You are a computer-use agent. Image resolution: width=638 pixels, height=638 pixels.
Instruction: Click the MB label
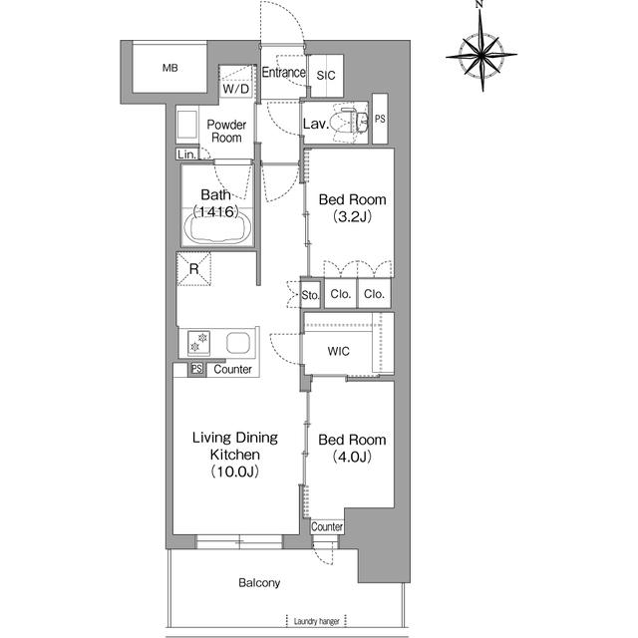click(x=170, y=68)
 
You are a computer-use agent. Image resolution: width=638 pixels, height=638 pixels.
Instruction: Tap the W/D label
click(x=236, y=89)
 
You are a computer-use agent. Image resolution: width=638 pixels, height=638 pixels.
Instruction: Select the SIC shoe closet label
click(x=326, y=76)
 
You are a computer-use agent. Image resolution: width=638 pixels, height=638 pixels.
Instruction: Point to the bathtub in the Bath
click(x=217, y=228)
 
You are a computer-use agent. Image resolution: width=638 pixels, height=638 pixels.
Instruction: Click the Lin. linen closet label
click(x=186, y=155)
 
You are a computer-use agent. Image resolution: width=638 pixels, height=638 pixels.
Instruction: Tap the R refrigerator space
click(x=194, y=269)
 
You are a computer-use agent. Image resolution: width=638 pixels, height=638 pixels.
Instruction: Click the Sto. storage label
click(x=310, y=295)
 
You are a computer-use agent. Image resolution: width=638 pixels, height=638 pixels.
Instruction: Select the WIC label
click(x=339, y=351)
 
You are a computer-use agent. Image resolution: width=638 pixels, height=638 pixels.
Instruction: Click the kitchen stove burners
click(x=199, y=343)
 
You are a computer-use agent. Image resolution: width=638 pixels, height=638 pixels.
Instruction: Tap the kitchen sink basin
click(x=238, y=343)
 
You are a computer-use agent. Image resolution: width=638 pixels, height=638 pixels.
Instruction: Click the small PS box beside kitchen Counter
click(x=197, y=369)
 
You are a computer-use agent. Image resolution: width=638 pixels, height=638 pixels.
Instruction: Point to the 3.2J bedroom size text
click(x=352, y=217)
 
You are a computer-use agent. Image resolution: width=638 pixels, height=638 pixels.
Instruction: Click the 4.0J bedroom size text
click(x=352, y=457)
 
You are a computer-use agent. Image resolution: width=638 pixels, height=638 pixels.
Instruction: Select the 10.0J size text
click(x=235, y=472)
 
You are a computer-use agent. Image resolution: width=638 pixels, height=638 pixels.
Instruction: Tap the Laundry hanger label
click(x=316, y=622)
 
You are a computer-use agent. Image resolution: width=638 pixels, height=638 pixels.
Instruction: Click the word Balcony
click(x=259, y=583)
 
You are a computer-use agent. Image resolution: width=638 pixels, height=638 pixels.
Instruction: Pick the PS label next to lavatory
click(x=380, y=119)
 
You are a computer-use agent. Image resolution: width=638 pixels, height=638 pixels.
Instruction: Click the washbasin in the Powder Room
click(x=187, y=124)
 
